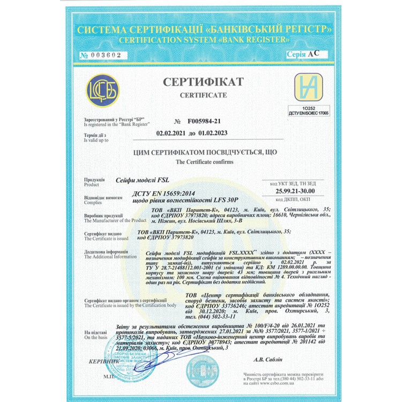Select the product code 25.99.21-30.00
coord(295,191)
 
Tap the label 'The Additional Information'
coord(110,257)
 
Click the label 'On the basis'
coord(96,338)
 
